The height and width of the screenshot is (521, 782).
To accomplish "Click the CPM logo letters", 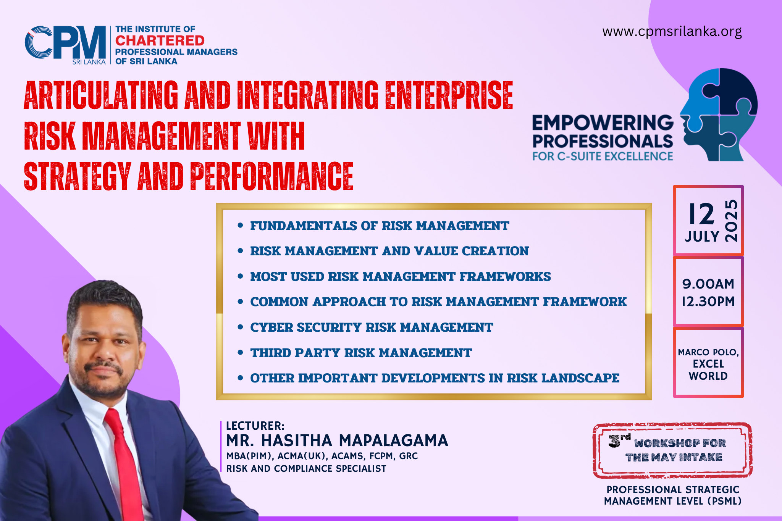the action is (65, 43).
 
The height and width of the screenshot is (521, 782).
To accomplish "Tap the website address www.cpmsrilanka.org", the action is (672, 31).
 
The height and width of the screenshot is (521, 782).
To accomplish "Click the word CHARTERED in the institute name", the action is (160, 40).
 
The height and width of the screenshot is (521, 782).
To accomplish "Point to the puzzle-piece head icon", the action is (719, 115).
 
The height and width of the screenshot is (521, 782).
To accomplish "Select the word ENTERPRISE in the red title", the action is (449, 95).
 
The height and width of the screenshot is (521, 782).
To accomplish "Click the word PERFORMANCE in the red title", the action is (272, 176).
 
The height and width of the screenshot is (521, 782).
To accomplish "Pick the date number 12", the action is (701, 214).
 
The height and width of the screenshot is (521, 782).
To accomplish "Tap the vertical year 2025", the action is (731, 221).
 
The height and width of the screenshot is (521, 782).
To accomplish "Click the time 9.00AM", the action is (708, 284).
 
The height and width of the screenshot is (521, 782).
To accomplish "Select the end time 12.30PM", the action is (708, 302).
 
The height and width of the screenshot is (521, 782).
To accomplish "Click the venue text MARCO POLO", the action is (708, 352).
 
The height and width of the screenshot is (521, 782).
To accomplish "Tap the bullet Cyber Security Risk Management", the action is (372, 327).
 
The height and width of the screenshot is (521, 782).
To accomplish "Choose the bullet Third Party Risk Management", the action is (361, 353).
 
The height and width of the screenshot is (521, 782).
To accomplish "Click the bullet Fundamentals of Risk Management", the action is (380, 226).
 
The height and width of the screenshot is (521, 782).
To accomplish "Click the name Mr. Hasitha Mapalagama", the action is (337, 441).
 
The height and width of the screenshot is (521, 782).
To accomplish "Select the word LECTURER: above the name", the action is (255, 426).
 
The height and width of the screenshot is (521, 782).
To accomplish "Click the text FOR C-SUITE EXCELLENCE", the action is (603, 156).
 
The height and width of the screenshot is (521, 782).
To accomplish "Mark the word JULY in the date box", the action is (702, 237).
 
